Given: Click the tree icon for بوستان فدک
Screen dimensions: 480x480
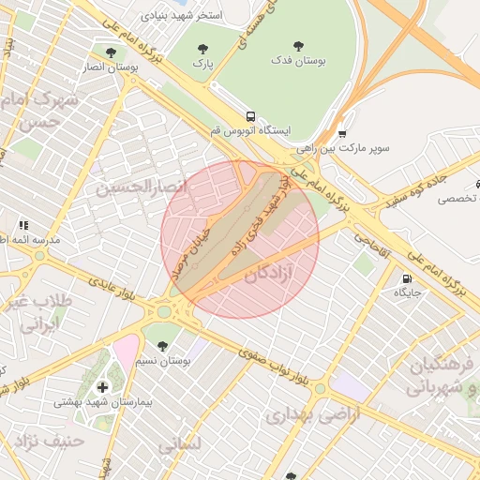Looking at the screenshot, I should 298,45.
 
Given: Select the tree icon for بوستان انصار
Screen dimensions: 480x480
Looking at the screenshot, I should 112,53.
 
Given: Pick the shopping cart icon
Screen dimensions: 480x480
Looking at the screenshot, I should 342,133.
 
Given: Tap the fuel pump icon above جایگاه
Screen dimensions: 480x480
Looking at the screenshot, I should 406,277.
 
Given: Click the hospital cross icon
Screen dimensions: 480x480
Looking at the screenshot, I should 102,386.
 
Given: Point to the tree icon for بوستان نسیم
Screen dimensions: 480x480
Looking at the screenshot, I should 162,346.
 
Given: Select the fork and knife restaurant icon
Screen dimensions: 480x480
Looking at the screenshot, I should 23,225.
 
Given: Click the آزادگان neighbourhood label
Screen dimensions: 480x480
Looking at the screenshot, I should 281,275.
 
